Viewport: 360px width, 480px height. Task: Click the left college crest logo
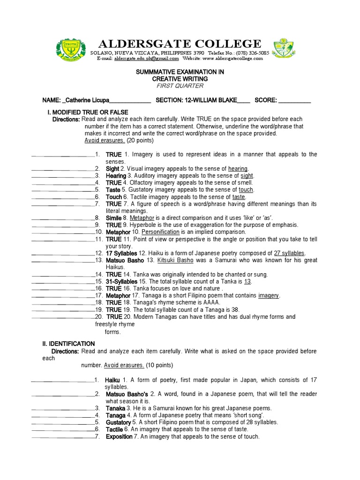pos(70,49)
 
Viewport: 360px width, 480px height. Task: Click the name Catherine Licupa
pos(88,100)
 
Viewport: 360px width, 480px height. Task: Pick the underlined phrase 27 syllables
pos(289,254)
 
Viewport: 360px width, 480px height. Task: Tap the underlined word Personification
pos(161,232)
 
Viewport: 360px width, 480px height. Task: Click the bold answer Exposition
pos(120,436)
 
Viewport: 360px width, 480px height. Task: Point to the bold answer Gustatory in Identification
pos(118,422)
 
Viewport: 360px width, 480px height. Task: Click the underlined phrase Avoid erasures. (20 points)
pos(119,140)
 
